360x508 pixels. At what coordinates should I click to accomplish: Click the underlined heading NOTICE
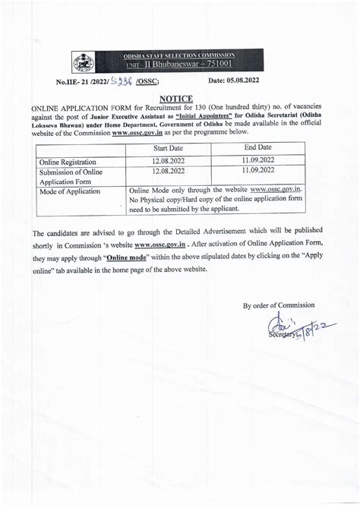coord(176,99)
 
